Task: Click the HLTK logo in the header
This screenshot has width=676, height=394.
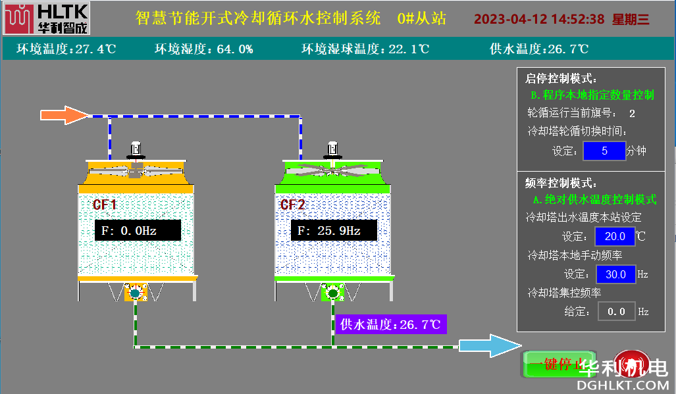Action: [x=45, y=18]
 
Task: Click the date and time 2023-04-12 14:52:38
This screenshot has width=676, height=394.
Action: [x=539, y=19]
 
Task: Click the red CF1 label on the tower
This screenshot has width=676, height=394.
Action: [x=104, y=205]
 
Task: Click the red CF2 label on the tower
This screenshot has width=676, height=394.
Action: [x=293, y=205]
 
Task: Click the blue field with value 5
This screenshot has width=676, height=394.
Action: [x=604, y=151]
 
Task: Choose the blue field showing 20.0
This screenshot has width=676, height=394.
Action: [x=615, y=236]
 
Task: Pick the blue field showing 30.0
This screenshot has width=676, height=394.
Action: [x=616, y=274]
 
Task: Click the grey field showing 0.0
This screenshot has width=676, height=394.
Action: [x=616, y=311]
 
